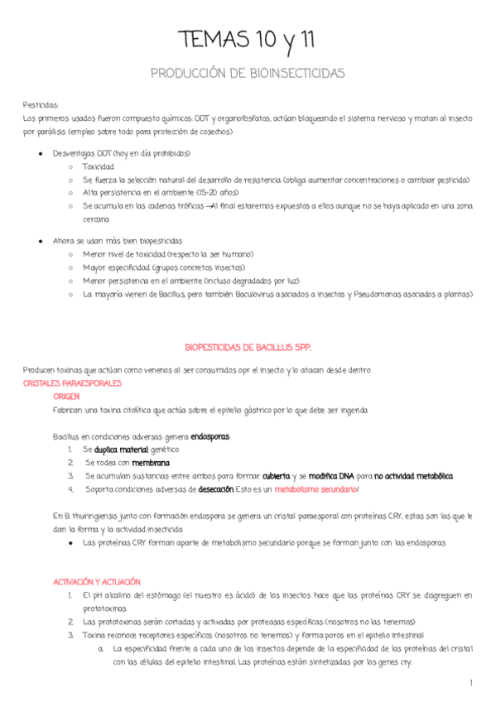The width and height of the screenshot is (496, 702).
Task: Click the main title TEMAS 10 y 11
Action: point(248,40)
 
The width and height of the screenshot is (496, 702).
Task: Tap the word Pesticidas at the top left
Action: point(41,106)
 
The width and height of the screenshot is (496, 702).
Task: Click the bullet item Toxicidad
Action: point(99,166)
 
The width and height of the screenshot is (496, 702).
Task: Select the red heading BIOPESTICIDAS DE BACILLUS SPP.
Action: point(247,349)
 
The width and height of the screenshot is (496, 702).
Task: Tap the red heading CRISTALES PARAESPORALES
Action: point(73,384)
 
